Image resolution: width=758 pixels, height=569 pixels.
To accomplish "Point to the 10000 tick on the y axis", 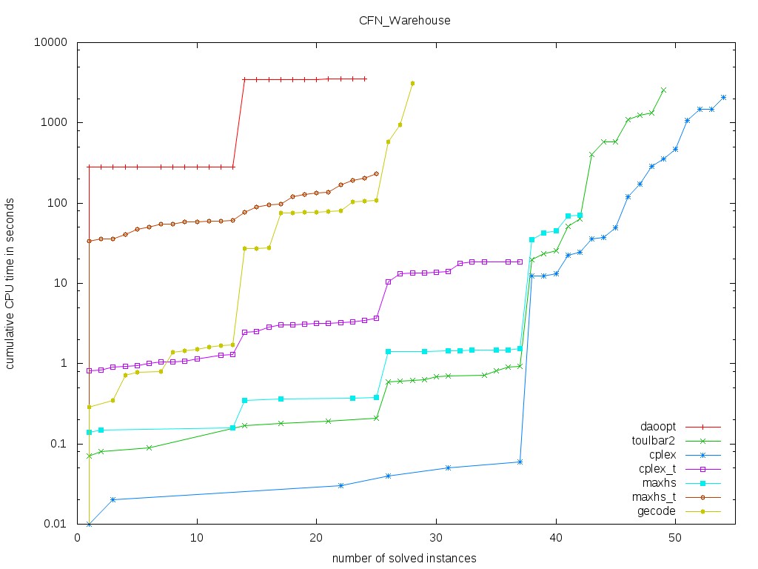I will (53, 42).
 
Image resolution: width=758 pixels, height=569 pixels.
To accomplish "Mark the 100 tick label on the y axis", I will (59, 203).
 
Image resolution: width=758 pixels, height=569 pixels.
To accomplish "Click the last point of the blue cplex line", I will (723, 97).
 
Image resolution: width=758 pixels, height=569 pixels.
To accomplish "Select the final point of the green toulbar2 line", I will (663, 90).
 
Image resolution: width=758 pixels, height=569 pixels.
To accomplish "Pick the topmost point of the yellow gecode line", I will (412, 83).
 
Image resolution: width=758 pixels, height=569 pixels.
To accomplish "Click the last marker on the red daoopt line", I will (365, 79).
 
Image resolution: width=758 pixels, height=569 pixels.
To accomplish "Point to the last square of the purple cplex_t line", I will (520, 262).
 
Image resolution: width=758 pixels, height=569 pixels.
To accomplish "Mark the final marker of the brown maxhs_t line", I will (376, 173).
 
